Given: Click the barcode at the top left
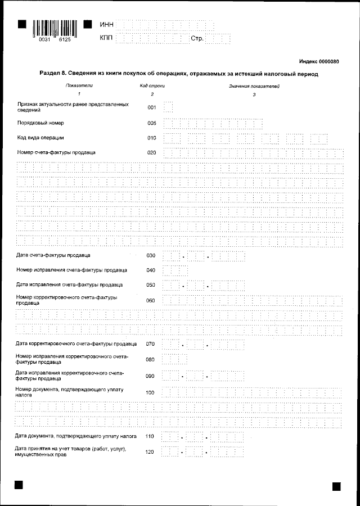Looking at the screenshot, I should tap(54, 28).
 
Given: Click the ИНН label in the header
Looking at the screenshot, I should tap(106, 25).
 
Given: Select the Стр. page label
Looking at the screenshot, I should tap(197, 39).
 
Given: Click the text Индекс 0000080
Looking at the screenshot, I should tap(319, 61).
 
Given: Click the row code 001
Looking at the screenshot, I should tap(152, 107).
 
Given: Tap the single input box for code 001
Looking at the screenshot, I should tap(168, 107).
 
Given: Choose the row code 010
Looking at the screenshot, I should tap(152, 138).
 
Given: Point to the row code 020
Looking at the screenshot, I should tap(152, 152).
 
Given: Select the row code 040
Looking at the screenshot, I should tap(151, 270).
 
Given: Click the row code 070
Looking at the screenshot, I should tap(150, 344).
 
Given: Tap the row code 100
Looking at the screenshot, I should tap(150, 392).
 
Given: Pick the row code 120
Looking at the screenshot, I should tap(150, 451).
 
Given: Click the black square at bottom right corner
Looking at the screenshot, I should tap(337, 485).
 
